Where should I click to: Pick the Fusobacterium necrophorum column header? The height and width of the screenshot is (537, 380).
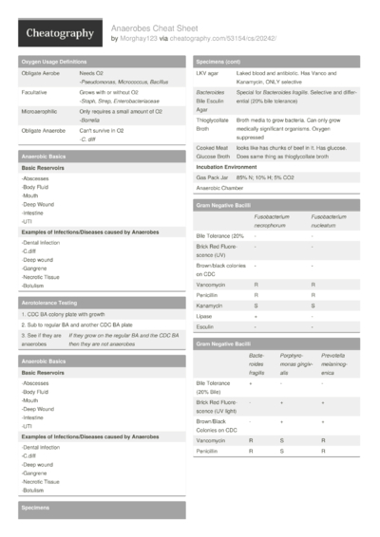(274, 221)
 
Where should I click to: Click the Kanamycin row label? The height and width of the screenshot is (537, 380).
(211, 305)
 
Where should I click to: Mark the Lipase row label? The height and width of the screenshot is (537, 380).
(205, 316)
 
